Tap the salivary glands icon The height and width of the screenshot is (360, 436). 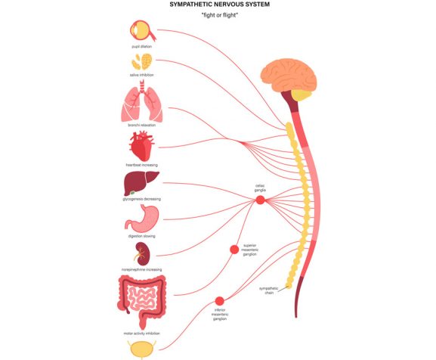(x=141, y=62)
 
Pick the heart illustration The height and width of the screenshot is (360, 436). (x=141, y=146)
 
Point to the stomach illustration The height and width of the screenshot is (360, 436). (x=141, y=219)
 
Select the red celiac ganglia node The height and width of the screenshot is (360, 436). (x=260, y=200)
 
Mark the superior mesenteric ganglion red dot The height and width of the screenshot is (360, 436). (x=234, y=250)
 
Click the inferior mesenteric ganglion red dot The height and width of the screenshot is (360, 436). (x=220, y=301)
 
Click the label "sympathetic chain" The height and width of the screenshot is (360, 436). (x=269, y=290)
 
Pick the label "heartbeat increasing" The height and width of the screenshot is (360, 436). (x=141, y=164)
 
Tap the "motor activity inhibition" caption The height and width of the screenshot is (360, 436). (x=141, y=332)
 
